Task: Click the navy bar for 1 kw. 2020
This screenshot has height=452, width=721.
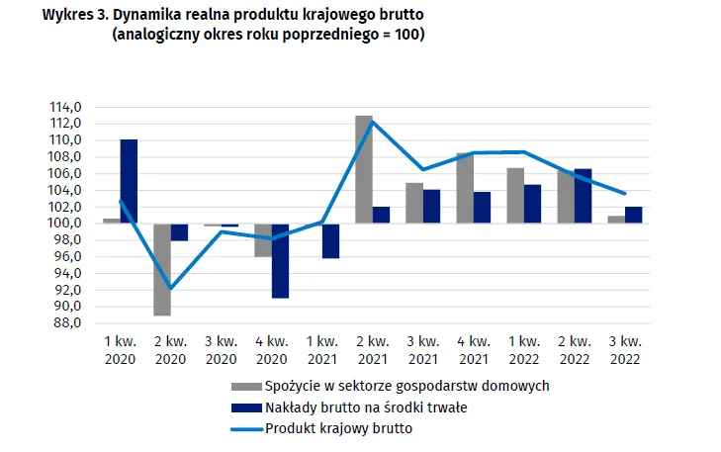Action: pos(129,181)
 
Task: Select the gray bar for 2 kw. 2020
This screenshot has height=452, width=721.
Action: pos(162,269)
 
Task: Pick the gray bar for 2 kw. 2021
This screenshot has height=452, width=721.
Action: pos(364,169)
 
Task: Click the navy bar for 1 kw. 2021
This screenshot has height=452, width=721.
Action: pos(330,240)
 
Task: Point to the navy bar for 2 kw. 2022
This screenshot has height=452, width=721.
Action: pos(583,196)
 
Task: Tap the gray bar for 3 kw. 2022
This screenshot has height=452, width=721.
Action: pos(616,219)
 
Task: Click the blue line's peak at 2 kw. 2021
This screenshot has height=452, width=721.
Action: pos(372,121)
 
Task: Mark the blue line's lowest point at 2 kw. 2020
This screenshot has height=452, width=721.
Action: pos(170,289)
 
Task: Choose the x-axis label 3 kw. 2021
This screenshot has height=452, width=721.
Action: pos(422,350)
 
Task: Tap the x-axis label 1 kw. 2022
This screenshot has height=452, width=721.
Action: pos(523,350)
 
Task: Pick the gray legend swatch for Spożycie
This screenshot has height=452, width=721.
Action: pos(245,386)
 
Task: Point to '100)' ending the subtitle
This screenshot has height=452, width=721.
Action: pos(408,35)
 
